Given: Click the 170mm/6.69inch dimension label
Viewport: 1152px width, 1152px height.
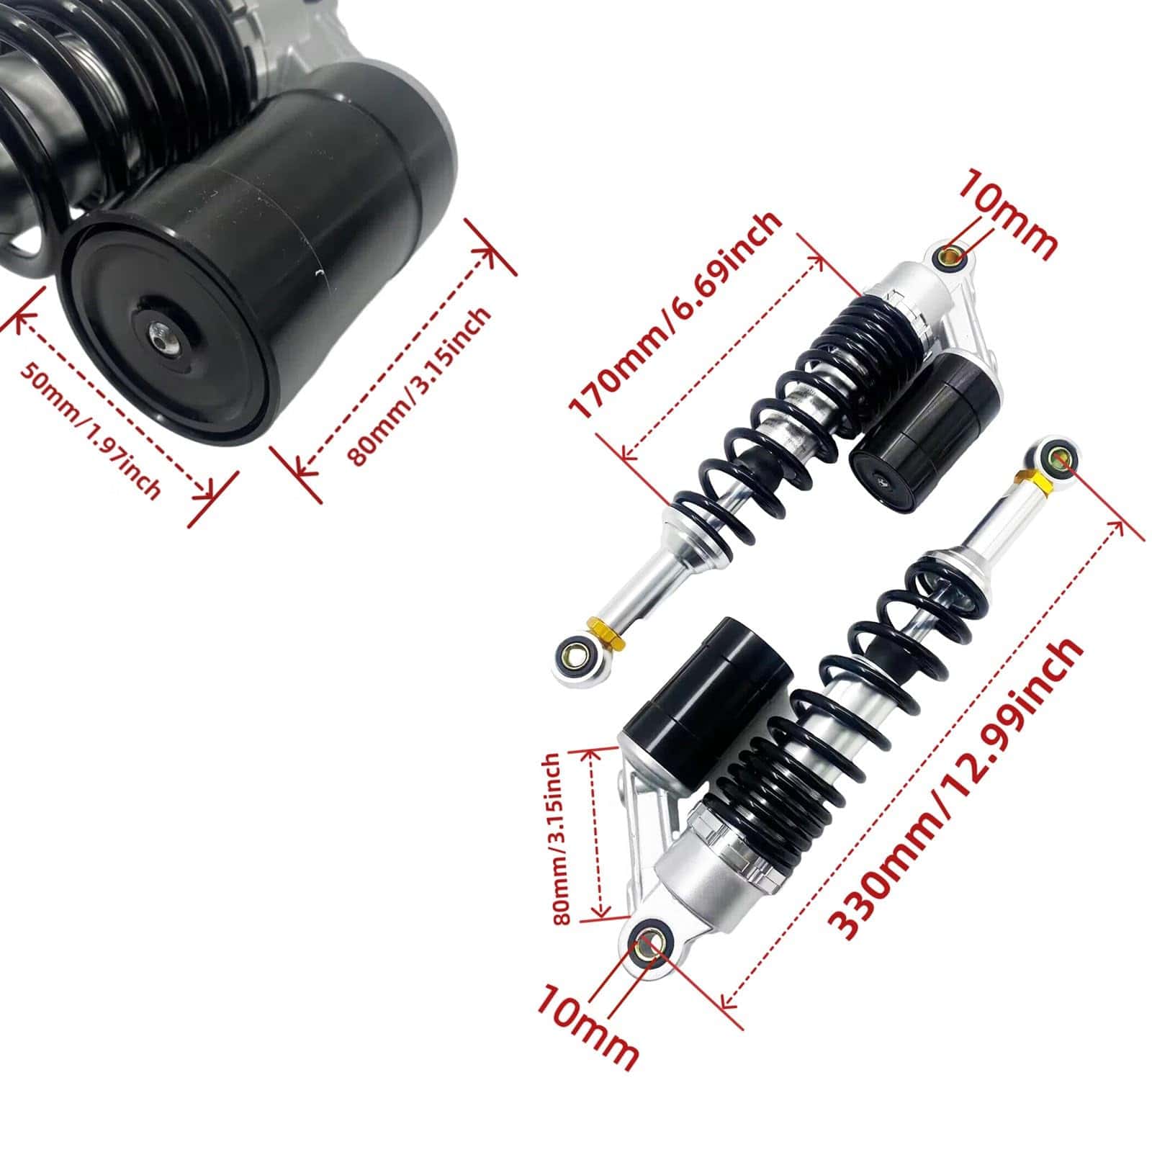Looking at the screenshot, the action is click(675, 315).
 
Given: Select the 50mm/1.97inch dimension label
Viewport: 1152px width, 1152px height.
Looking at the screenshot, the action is click(90, 429).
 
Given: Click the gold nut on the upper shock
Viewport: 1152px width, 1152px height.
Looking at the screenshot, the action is click(607, 634).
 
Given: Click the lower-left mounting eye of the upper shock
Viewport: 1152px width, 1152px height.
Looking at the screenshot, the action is click(574, 655).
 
